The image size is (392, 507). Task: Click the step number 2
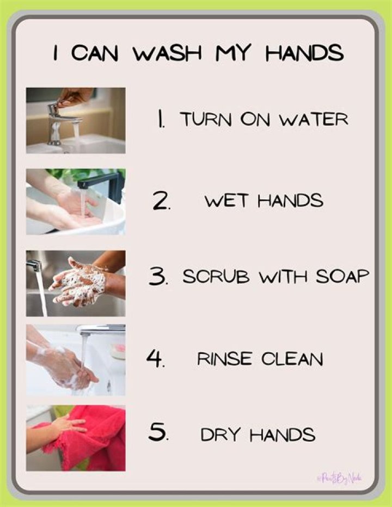[x=161, y=201]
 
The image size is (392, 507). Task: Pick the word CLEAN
[x=292, y=359]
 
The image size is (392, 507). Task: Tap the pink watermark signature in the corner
[x=339, y=478]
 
